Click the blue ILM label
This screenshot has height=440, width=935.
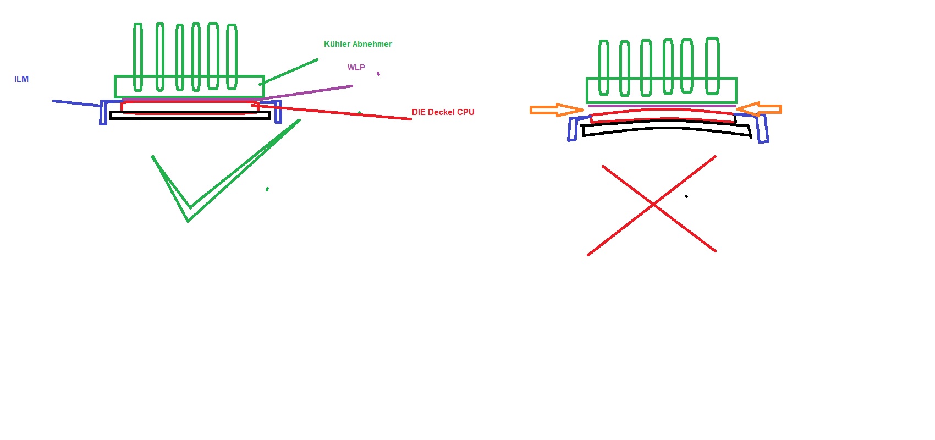pos(21,79)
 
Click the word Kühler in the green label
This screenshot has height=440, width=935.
pos(337,44)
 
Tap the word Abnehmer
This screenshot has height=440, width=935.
pos(372,44)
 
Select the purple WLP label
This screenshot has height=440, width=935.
pos(356,68)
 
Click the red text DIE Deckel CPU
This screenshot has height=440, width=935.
pos(443,112)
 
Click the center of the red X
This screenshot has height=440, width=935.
pos(653,204)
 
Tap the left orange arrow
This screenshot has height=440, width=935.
pos(557,110)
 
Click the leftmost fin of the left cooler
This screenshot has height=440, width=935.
pos(137,57)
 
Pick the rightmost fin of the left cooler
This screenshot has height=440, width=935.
pos(232,57)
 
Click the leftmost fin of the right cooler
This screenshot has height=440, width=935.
pos(603,67)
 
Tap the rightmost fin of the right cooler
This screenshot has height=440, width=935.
pos(712,66)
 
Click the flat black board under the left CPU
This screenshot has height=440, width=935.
pos(190,116)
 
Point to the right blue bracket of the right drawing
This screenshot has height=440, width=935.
pos(762,128)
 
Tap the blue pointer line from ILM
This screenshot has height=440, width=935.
pos(76,103)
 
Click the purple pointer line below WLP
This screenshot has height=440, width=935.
pos(307,93)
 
